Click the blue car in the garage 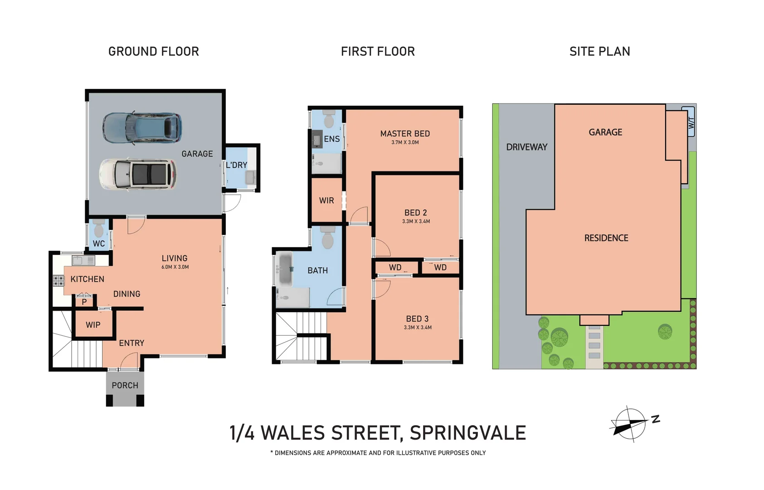[142, 127]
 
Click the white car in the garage [138, 174]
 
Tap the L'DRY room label [236, 165]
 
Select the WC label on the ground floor [99, 244]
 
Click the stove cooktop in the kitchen [58, 280]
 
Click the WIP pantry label [93, 325]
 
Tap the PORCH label [125, 385]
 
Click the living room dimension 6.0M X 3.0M [175, 267]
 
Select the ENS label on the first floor [331, 139]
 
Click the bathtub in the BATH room [285, 269]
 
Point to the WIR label [326, 201]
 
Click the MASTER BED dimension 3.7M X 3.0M [405, 142]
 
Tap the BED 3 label [417, 319]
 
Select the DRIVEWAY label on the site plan [526, 147]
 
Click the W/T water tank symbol [688, 122]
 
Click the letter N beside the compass [656, 419]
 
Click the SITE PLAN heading [599, 52]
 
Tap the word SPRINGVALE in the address [467, 433]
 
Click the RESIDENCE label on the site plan [606, 238]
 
